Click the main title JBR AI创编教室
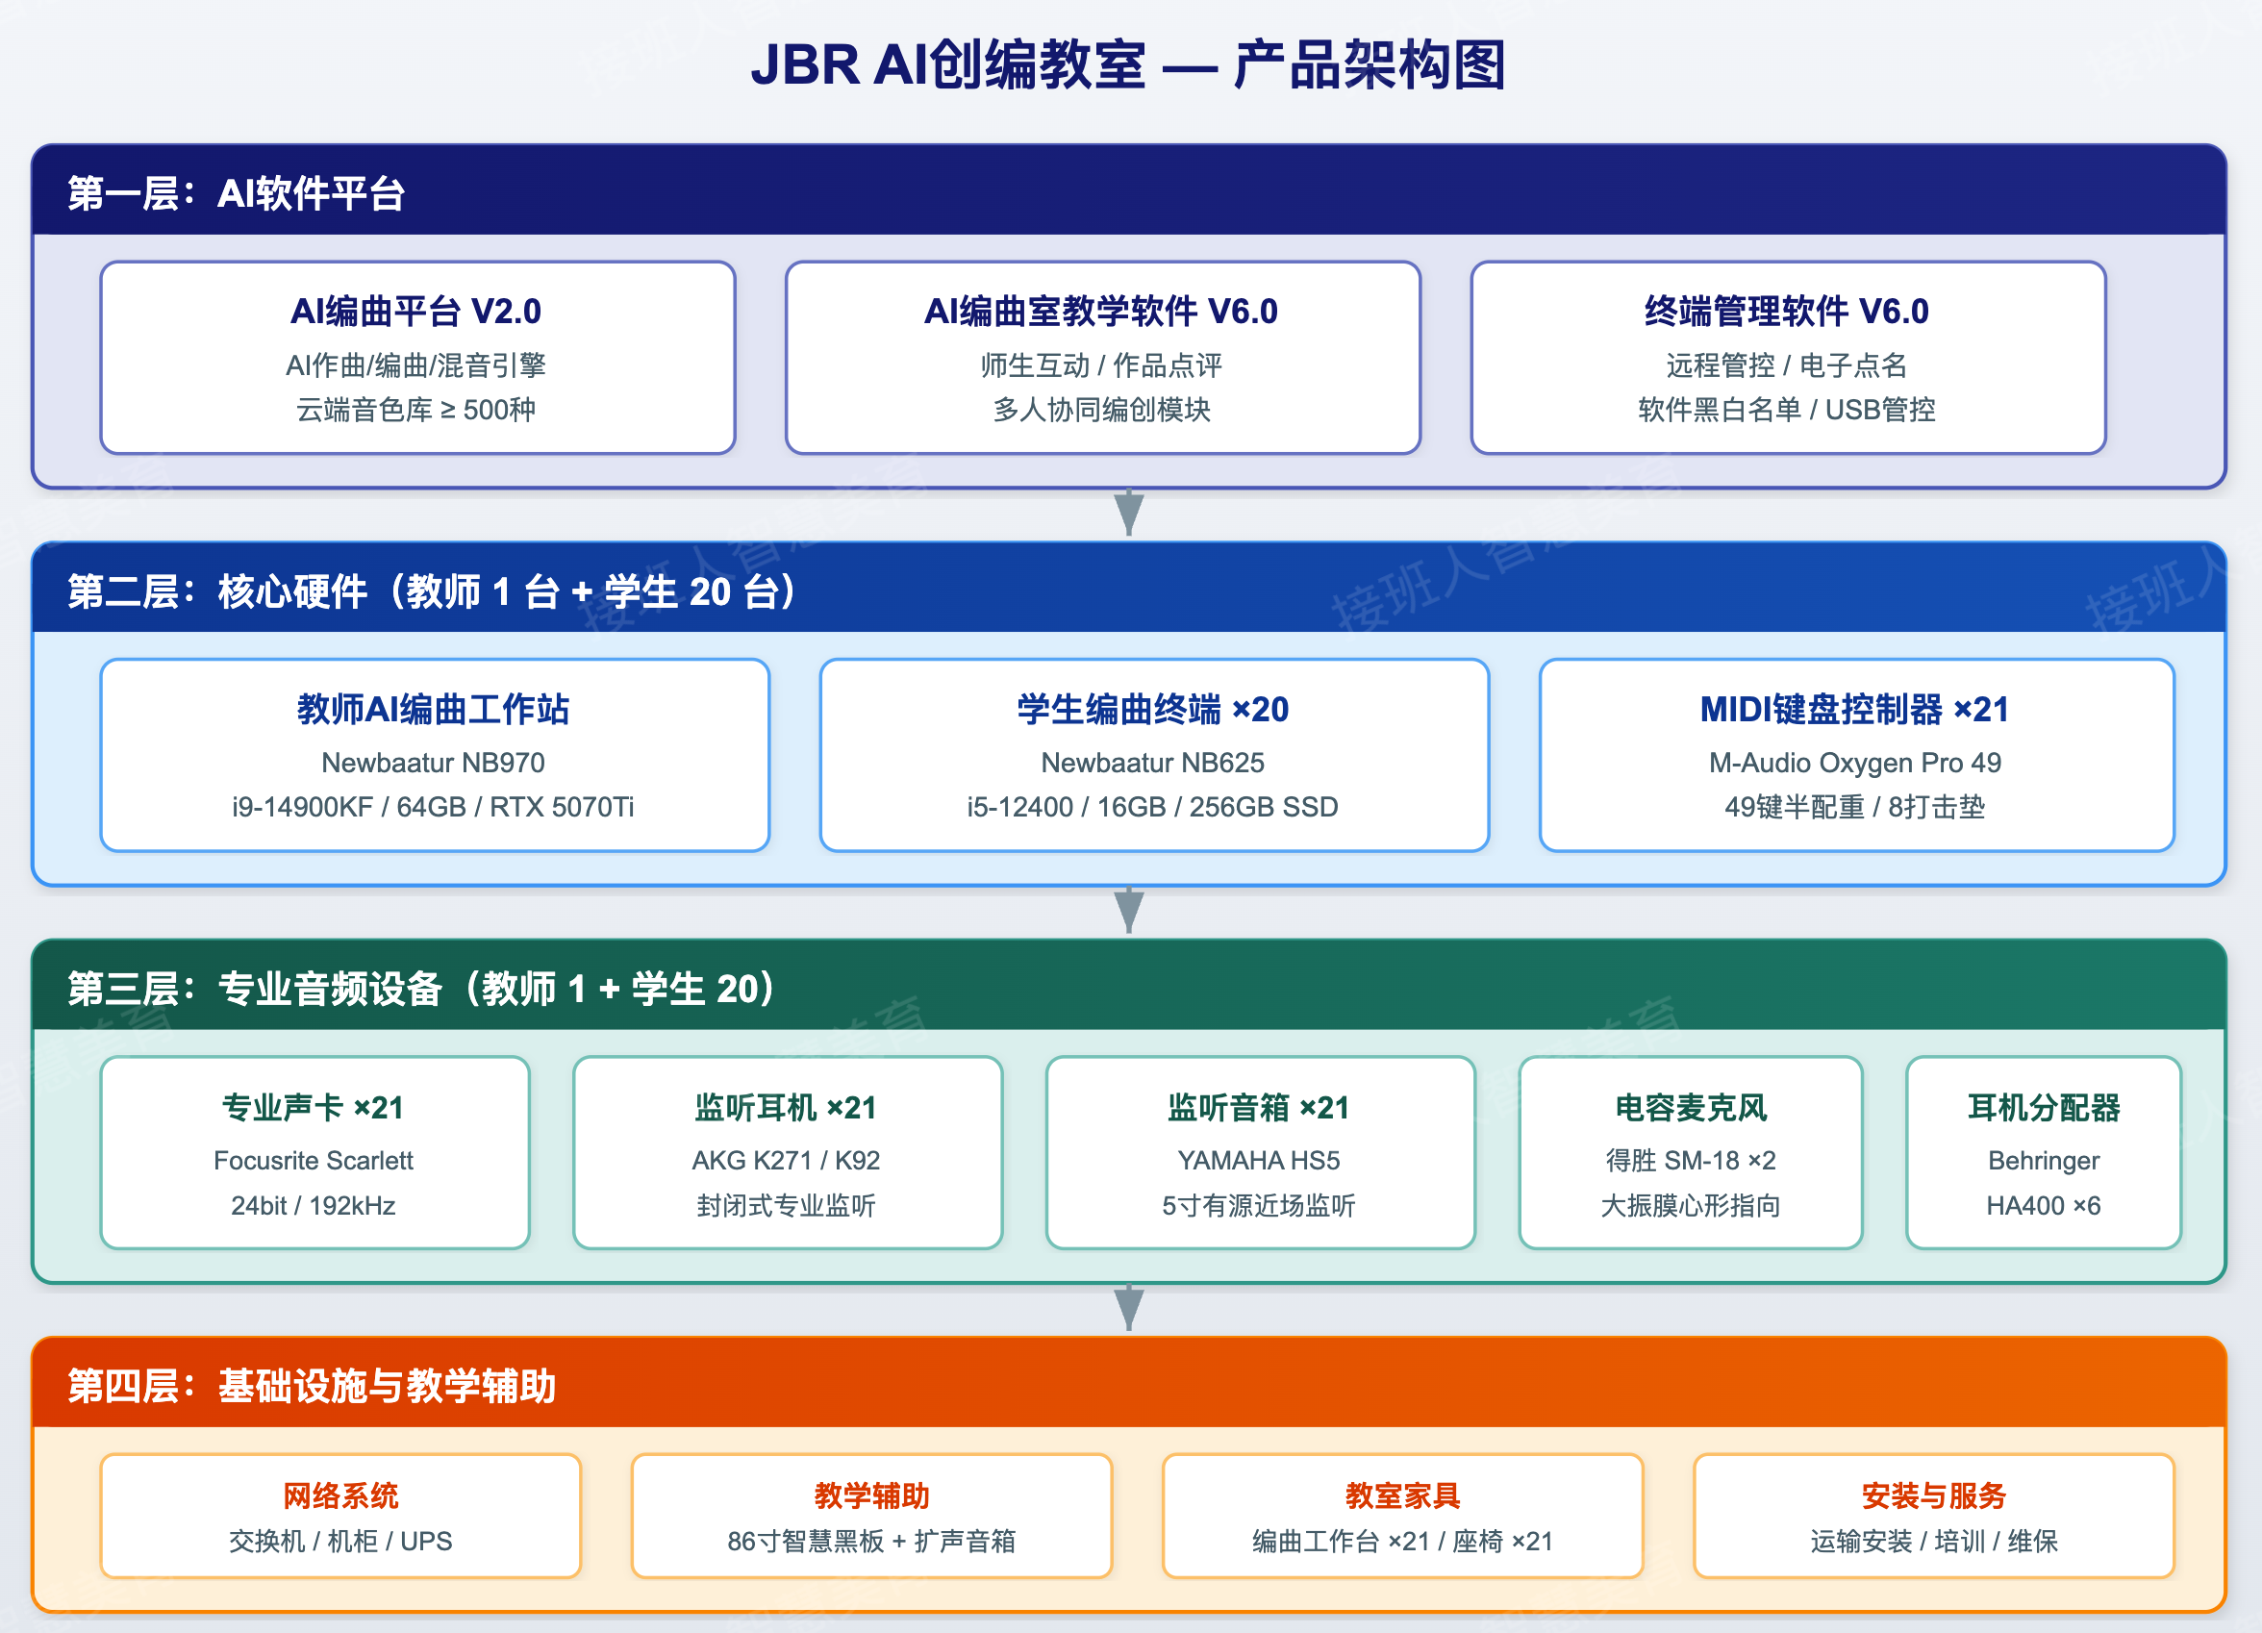pos(947,65)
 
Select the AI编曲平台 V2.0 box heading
pos(415,312)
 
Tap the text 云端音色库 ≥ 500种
pos(415,409)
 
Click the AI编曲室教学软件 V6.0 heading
pos(1101,312)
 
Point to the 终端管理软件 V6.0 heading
pos(1786,312)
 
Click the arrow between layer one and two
pos(1129,513)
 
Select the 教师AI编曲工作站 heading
pos(433,709)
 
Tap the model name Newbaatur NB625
pos(1153,764)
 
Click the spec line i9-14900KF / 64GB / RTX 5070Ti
pos(433,807)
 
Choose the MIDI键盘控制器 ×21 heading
pos(1854,709)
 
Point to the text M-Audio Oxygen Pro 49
pos(1854,764)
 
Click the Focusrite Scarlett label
pos(314,1160)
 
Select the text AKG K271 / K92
pos(786,1160)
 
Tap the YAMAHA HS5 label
pos(1259,1160)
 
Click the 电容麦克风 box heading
pos(1691,1107)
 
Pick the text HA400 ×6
pos(2044,1206)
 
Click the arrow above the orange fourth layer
pos(1129,1308)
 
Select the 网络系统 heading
pos(340,1495)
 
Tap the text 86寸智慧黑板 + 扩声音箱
pos(870,1542)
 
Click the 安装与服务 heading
pos(1933,1495)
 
